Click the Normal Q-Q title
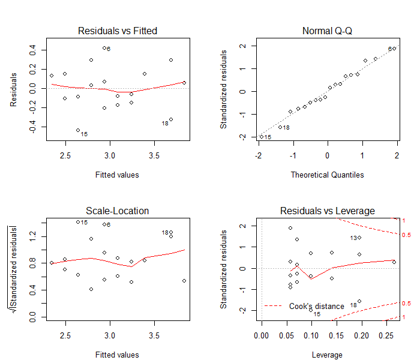tap(328, 31)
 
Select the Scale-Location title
tap(118, 211)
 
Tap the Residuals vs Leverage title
tap(328, 211)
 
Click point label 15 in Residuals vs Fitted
tap(84, 134)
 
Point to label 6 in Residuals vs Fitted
tap(108, 49)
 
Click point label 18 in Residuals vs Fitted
tap(165, 123)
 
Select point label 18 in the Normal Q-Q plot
tap(286, 127)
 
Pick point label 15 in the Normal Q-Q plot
tap(268, 137)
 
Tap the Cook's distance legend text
tap(317, 306)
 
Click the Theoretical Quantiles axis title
tap(328, 175)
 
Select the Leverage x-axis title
tap(328, 355)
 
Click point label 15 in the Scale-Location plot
tap(84, 223)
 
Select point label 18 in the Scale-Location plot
tap(165, 232)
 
